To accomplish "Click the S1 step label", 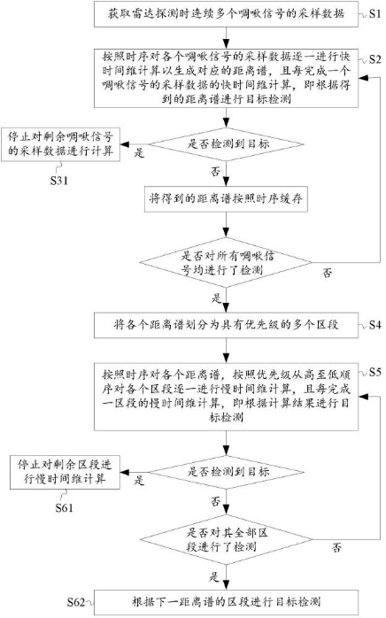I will pyautogui.click(x=374, y=16).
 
